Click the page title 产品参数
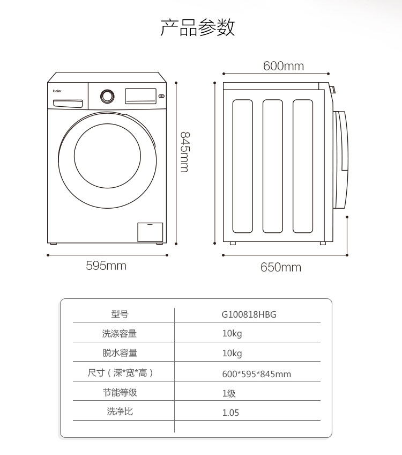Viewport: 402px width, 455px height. (x=197, y=27)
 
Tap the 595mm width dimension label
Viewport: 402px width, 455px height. (x=106, y=266)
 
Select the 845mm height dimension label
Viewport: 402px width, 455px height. (x=185, y=152)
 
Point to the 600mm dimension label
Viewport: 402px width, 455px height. (x=284, y=66)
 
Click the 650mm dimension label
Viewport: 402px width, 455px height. (x=280, y=267)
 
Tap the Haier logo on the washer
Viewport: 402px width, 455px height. (x=57, y=91)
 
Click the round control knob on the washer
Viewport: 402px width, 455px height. (x=107, y=97)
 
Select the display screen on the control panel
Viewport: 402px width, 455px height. (x=140, y=96)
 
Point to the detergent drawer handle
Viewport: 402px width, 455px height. (x=68, y=104)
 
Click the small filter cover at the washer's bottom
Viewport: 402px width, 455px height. (x=150, y=232)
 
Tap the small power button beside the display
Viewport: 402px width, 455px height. (x=162, y=96)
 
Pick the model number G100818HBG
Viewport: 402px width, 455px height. (x=249, y=314)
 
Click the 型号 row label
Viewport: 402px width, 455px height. (x=120, y=314)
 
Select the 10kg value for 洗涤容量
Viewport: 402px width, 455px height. (x=232, y=334)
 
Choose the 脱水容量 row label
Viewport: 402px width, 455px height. (x=120, y=353)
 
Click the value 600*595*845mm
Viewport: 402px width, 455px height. (x=257, y=374)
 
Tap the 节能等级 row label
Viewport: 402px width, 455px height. (x=120, y=392)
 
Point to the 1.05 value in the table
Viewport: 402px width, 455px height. (x=230, y=413)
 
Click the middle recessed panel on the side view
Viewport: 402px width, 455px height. (x=272, y=166)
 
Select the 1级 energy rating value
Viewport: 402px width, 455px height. (x=229, y=393)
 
